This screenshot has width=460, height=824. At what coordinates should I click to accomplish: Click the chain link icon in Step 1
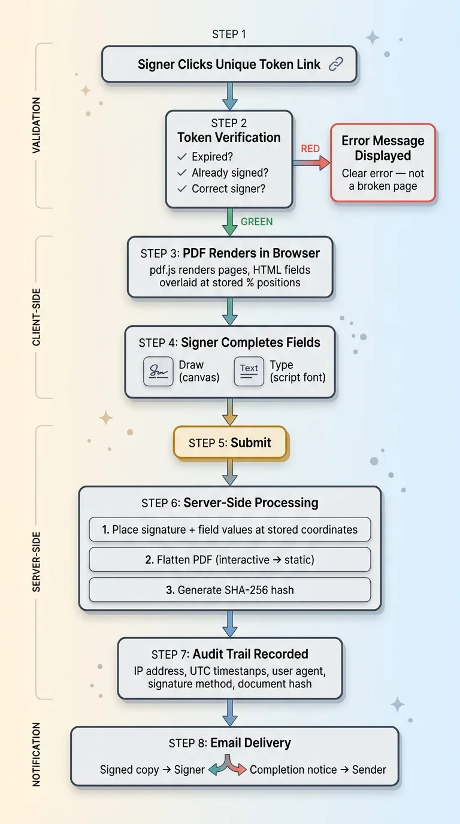coord(337,65)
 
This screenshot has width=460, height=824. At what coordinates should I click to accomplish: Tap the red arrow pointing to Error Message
coord(311,162)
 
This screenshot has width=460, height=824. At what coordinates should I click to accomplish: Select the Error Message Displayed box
coord(383,163)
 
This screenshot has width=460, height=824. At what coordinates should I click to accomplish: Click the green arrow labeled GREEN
coord(229,222)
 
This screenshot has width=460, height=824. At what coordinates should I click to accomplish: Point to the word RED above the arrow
coord(310,149)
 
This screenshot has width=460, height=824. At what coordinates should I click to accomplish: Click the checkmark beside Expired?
coord(183,157)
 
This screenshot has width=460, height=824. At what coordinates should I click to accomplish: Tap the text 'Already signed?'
coord(230,172)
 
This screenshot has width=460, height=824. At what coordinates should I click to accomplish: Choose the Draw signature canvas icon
coord(158,371)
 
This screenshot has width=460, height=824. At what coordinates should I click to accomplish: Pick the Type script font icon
coord(249,371)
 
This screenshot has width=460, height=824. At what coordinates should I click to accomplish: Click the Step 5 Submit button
coord(230,443)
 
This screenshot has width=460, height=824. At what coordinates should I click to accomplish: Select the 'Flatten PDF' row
coord(230,560)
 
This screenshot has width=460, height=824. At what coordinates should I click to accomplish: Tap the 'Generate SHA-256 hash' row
coord(230,590)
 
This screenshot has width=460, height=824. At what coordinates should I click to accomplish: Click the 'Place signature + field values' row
coord(230,529)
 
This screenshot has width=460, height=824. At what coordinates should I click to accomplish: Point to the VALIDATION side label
coord(37,125)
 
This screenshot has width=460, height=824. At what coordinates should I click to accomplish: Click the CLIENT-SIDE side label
coord(37,318)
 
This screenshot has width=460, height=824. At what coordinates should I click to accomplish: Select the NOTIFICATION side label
coord(37,755)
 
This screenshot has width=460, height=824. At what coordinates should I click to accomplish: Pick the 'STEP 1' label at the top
coord(229,34)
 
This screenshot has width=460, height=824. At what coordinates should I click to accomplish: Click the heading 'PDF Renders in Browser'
coord(252,253)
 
